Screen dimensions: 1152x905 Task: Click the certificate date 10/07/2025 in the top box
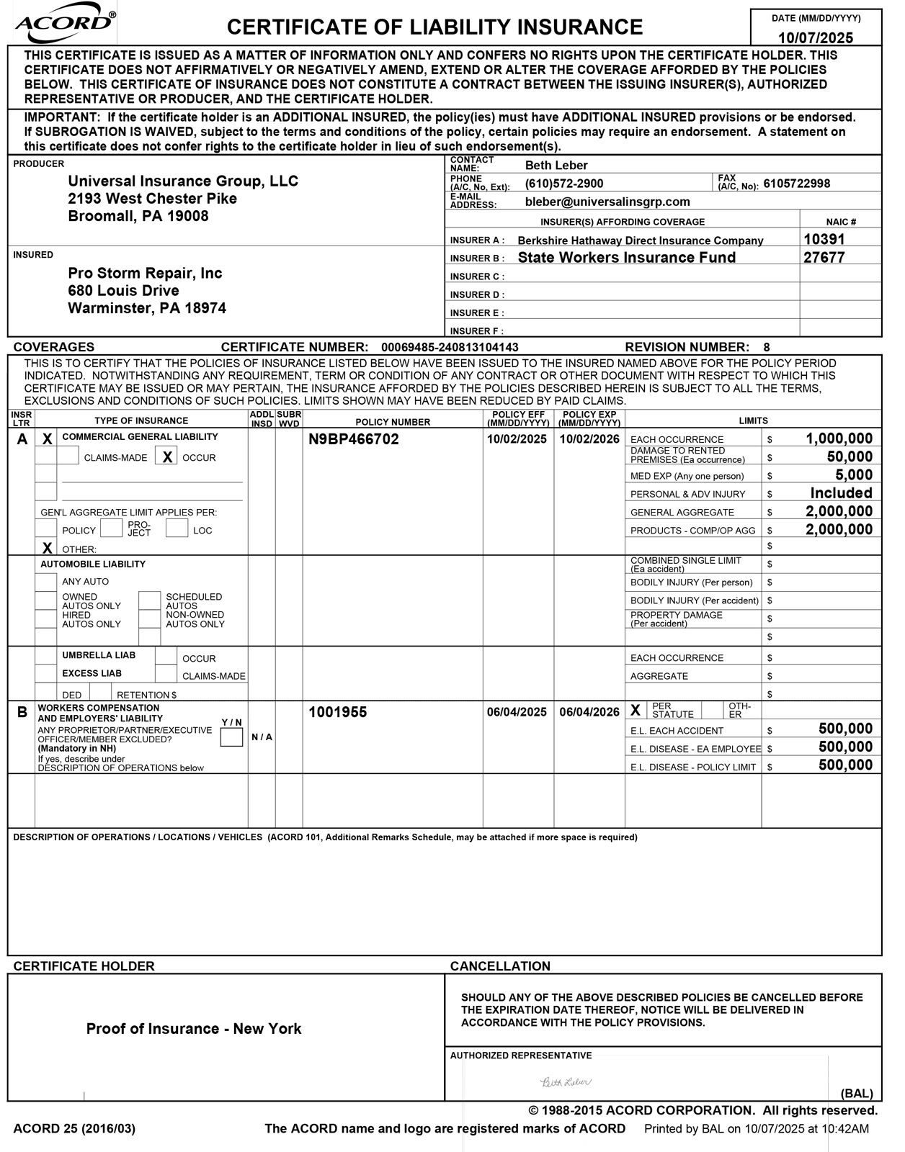point(816,38)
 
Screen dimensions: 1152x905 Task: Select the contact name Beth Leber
point(556,166)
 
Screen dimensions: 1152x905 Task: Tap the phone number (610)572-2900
point(564,184)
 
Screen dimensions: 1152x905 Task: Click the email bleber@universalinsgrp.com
point(607,202)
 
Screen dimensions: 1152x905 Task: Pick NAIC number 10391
point(824,239)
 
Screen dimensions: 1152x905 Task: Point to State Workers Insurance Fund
point(627,258)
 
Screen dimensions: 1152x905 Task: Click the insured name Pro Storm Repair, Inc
point(145,273)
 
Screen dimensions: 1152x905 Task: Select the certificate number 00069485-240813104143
point(450,347)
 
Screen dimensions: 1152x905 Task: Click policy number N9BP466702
point(354,438)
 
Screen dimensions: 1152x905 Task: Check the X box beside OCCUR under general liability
point(166,457)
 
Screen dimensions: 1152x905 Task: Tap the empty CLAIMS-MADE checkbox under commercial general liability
point(68,456)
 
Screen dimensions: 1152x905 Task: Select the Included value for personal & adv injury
point(841,493)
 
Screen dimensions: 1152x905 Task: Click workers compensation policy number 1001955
point(338,712)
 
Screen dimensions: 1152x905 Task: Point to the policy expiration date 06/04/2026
point(589,712)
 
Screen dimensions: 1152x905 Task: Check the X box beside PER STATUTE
point(636,711)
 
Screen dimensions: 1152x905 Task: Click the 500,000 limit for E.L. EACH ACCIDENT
point(845,729)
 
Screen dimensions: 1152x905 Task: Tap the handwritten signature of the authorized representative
point(566,1082)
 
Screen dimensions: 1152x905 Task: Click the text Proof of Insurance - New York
point(194,1029)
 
